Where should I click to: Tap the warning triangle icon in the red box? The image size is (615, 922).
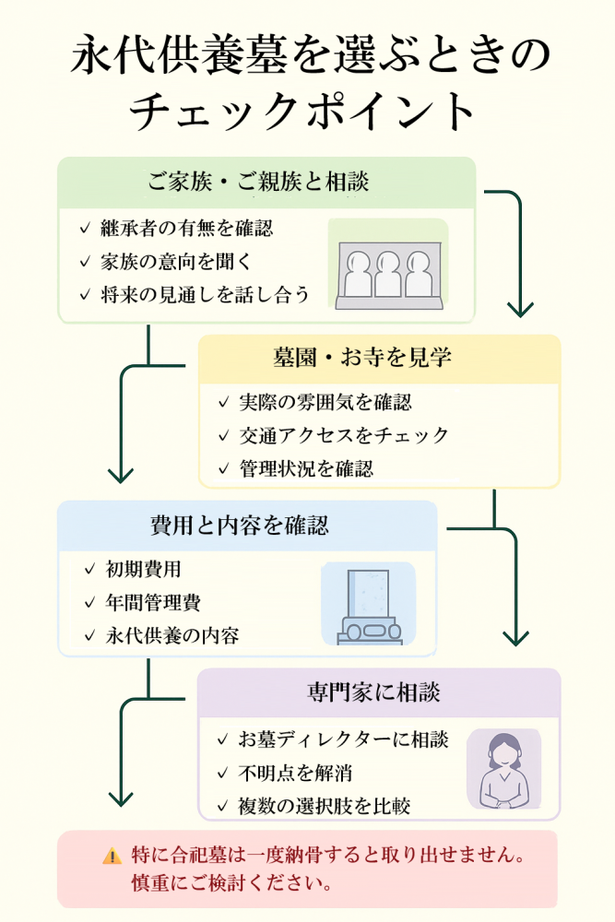point(112,857)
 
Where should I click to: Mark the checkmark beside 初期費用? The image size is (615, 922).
point(89,570)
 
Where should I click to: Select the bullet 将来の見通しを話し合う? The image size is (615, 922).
point(205,295)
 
